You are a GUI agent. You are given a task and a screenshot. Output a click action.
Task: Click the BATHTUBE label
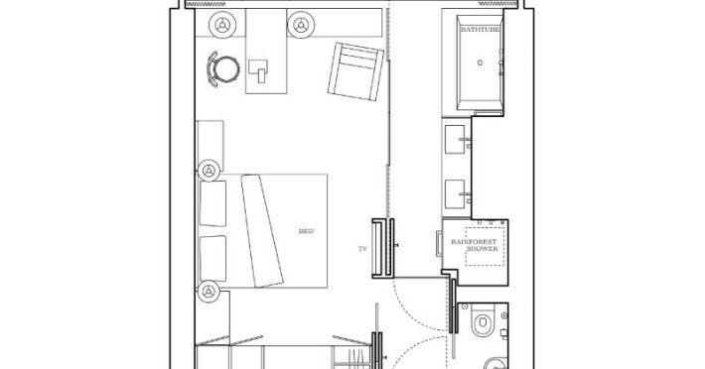point(480,30)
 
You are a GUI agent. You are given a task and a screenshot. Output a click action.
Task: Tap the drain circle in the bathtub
point(481,62)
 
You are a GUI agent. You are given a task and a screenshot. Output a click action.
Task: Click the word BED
point(306,231)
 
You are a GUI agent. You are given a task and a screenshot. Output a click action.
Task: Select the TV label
point(362,248)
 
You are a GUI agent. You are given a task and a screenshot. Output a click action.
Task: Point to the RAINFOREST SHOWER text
point(474,245)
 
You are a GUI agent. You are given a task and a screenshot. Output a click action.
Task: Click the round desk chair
point(223,69)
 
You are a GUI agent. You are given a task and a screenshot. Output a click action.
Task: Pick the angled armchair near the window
point(355,71)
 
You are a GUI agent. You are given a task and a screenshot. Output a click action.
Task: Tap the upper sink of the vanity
point(455,140)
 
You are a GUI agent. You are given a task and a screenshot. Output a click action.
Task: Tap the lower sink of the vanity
point(455,194)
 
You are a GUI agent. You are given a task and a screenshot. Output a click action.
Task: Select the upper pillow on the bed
point(212,203)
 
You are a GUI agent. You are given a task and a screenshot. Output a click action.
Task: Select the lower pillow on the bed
point(213,259)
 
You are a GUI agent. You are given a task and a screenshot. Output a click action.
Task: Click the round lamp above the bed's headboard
point(209,171)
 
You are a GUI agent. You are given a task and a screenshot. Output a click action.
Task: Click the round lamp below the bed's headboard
point(209,292)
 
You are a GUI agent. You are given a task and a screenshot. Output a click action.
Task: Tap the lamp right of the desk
point(301,24)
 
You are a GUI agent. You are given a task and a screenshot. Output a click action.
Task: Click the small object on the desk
point(258,71)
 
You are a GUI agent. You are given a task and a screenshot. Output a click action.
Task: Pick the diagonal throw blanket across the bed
point(262,231)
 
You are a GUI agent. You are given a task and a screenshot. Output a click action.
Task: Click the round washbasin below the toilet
point(496,364)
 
